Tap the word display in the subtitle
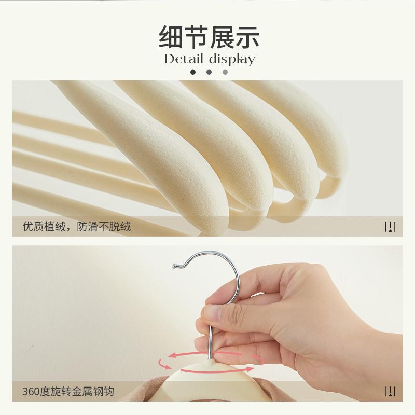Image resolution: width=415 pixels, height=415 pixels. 232,59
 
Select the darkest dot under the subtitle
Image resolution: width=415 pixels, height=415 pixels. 193,72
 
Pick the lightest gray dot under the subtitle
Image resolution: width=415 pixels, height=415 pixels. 225,72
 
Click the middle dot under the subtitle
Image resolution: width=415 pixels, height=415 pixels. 209,72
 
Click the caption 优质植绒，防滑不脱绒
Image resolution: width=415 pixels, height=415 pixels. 76,227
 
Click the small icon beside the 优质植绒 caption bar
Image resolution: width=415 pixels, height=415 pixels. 390,227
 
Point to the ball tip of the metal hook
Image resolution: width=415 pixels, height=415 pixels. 175,267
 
